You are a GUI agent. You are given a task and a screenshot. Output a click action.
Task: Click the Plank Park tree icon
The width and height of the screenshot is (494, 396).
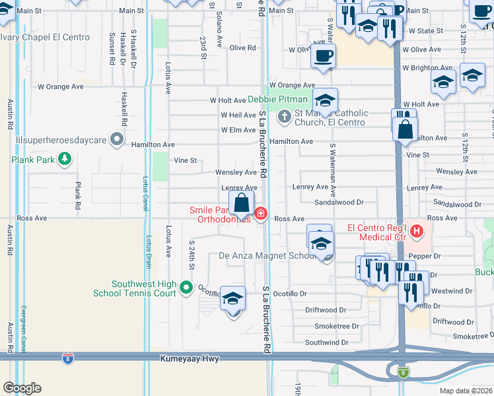pos(65,158)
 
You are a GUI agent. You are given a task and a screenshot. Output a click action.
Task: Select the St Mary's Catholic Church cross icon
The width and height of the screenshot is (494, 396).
pos(285,117)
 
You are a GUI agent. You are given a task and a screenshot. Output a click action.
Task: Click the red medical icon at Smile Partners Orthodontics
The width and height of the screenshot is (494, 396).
pos(261,214)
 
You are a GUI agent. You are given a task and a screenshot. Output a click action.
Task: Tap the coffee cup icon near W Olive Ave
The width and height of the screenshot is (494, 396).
pos(323,56)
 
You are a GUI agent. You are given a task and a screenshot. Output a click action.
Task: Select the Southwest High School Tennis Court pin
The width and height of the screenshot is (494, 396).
pos(186,287)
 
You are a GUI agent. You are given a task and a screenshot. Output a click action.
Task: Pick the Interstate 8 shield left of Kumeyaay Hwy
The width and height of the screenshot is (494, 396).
pos(67,358)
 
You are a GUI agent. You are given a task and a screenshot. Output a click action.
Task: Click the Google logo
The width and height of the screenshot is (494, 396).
pos(22,387)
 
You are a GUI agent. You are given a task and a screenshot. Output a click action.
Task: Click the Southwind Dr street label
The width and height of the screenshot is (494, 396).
pos(326,343)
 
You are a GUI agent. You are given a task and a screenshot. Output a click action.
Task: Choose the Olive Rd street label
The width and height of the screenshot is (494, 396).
pos(242,48)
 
